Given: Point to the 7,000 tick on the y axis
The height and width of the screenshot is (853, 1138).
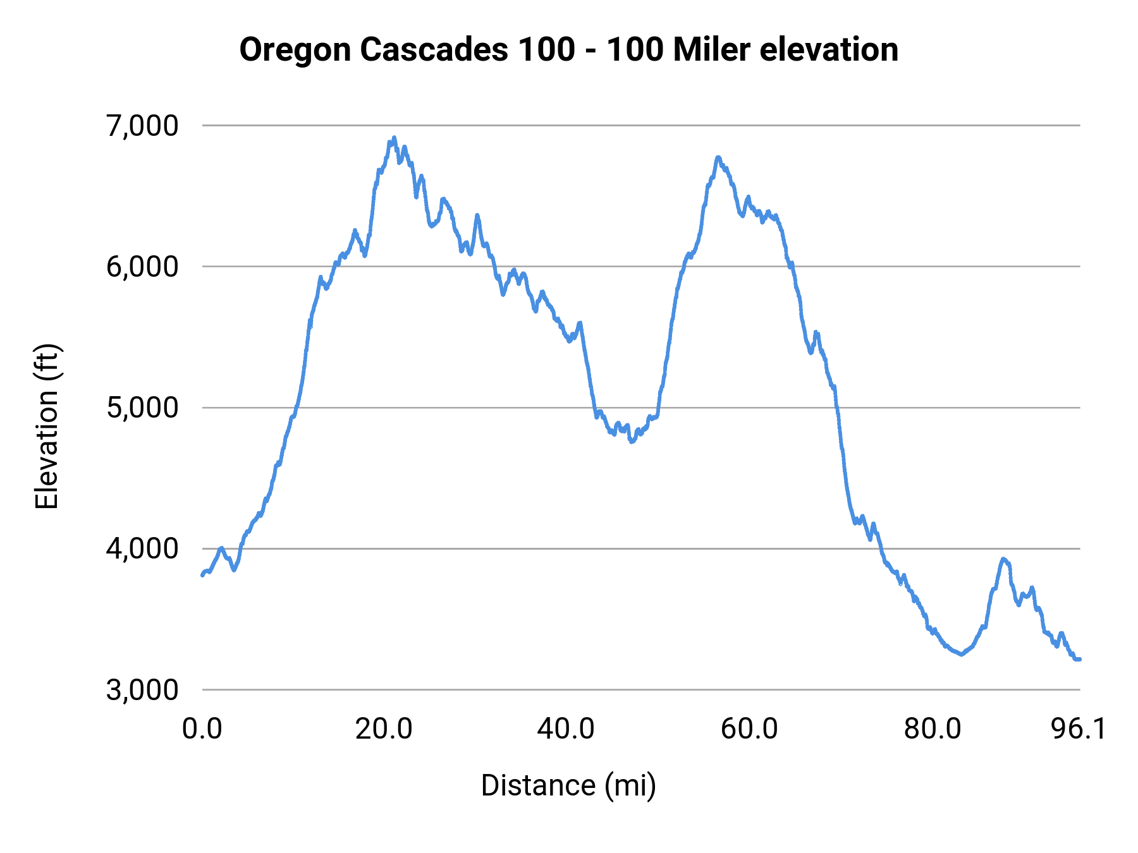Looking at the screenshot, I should click(142, 126).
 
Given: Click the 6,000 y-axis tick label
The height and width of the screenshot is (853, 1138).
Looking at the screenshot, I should click(142, 267).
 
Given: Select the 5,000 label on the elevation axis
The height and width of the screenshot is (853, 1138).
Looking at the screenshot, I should click(142, 408).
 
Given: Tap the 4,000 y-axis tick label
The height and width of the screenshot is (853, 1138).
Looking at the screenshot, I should click(142, 548).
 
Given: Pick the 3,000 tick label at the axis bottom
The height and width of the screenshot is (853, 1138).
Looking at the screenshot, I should click(142, 689).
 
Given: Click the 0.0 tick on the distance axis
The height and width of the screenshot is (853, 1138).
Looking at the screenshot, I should click(202, 729).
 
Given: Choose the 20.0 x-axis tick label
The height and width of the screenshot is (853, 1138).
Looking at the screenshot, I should click(384, 729).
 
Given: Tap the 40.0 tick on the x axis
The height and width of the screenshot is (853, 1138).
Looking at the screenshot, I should click(566, 729).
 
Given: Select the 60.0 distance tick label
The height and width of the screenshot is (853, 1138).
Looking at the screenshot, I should click(749, 729).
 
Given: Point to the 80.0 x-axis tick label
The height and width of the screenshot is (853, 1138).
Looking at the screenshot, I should click(932, 729).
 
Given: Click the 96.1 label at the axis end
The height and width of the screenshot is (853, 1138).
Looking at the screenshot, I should click(1079, 729).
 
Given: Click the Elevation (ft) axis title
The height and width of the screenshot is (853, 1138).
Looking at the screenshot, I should click(47, 426).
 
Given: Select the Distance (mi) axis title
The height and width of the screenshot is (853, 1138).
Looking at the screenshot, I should click(568, 785).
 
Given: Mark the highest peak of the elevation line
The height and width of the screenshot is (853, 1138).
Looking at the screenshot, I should click(394, 137).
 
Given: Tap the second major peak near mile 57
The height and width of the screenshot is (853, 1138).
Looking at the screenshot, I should click(718, 157).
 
